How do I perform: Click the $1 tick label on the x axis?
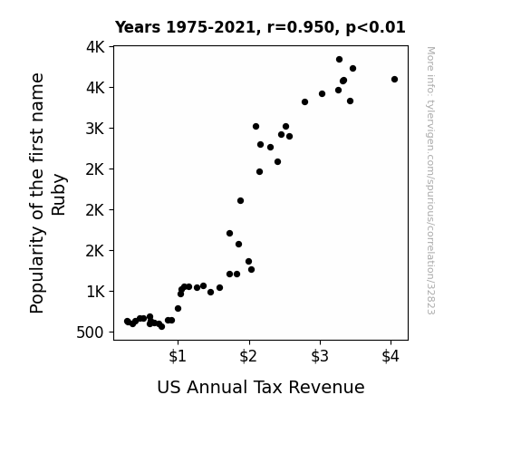coord(178,356)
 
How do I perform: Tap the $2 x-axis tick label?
coord(248,356)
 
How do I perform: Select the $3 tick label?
coord(320,356)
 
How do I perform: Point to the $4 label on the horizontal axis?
coord(391,356)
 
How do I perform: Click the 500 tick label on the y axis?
coord(91,333)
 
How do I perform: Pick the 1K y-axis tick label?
coord(95,292)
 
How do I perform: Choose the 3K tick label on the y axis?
coord(95,129)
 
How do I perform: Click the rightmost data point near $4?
coord(394,80)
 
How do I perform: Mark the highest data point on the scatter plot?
coord(339,60)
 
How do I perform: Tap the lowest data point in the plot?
coord(162,327)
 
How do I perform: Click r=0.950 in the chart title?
coord(301,27)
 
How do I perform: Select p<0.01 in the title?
coord(375,28)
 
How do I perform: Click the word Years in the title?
coord(138,27)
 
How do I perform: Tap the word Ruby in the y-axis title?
coord(59,195)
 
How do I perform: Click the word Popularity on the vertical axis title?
coord(37,270)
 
